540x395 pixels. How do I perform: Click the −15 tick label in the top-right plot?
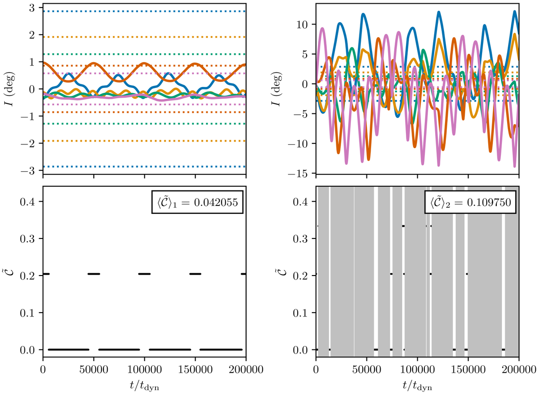coord(301,174)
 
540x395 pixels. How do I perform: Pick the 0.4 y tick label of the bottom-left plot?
coord(30,202)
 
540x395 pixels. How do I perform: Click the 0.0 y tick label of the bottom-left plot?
coord(30,350)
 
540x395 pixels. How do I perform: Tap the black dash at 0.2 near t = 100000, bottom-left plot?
coord(144,274)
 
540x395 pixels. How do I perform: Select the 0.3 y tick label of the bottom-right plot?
coord(302,239)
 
